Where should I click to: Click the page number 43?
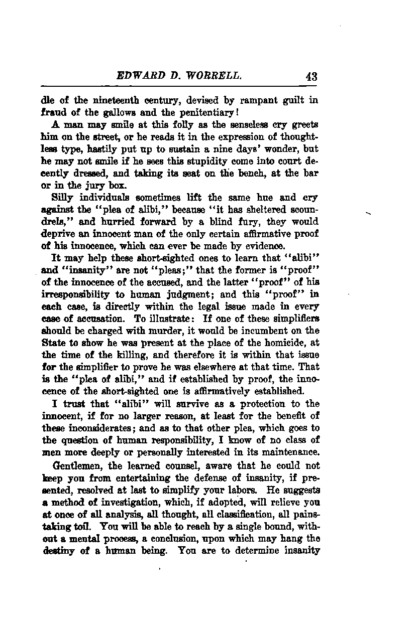tap(311, 77)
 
